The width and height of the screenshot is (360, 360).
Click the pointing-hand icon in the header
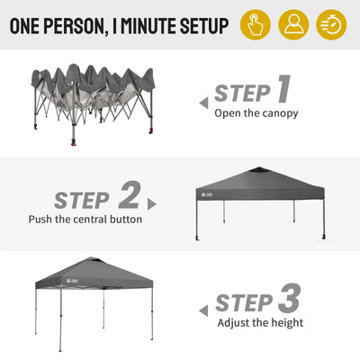click(256, 25)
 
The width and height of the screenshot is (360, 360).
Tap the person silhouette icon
click(293, 25)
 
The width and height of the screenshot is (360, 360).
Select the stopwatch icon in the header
click(331, 25)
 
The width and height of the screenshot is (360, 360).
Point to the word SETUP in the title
click(204, 25)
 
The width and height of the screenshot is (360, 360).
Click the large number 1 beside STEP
click(283, 89)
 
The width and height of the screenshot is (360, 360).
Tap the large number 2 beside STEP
click(130, 194)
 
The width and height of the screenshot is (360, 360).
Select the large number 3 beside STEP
click(289, 298)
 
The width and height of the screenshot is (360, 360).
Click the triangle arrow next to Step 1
click(204, 103)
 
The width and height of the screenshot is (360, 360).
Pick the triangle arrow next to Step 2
click(152, 204)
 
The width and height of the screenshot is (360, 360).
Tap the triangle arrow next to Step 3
click(203, 310)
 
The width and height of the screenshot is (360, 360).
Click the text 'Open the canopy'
click(256, 113)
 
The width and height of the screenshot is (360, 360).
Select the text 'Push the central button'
click(85, 219)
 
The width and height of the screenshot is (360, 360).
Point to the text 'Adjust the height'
click(260, 323)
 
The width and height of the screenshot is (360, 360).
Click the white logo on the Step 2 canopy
click(207, 195)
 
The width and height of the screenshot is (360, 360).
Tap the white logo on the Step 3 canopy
click(73, 282)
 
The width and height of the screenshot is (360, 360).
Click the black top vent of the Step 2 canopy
click(259, 170)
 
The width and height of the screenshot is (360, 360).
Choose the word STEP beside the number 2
click(82, 201)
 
